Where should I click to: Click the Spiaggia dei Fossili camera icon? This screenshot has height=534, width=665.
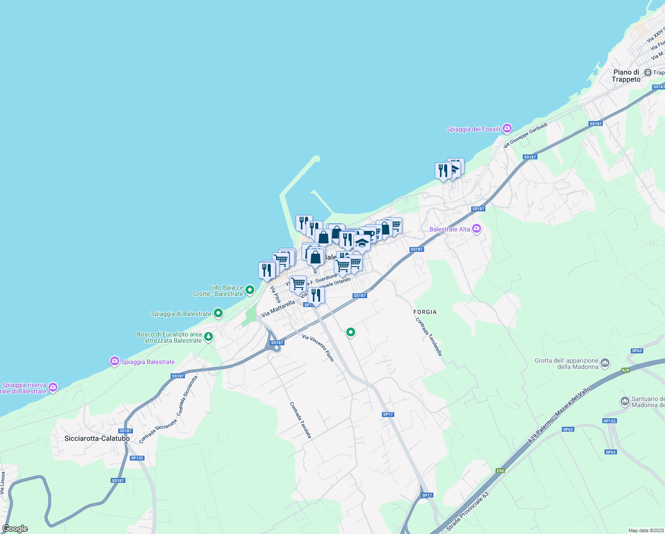[507, 129]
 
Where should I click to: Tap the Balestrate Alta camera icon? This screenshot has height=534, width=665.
[477, 229]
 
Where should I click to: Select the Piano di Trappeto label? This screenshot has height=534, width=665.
[626, 76]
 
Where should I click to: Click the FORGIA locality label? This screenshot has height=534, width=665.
[425, 312]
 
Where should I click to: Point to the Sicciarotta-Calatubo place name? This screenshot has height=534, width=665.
[97, 438]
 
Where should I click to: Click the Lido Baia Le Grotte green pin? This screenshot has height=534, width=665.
[250, 290]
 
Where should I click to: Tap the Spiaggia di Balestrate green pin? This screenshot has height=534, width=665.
[218, 313]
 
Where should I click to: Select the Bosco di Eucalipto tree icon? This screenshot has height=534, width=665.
[208, 337]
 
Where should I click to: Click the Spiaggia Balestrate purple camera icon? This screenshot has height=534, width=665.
[115, 361]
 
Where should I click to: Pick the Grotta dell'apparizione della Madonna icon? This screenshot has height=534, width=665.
[605, 363]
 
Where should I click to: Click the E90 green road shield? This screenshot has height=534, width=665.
[501, 471]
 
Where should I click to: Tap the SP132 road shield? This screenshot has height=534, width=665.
[137, 458]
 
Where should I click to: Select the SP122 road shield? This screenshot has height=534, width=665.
[609, 421]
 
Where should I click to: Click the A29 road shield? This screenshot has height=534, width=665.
[625, 370]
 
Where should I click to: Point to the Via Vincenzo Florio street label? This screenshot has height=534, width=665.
[318, 348]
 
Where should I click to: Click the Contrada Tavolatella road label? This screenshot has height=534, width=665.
[429, 336]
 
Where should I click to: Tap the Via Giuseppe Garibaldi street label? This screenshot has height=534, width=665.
[525, 135]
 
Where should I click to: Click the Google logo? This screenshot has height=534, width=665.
[15, 529]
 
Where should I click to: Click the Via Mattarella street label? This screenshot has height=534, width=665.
[278, 308]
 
